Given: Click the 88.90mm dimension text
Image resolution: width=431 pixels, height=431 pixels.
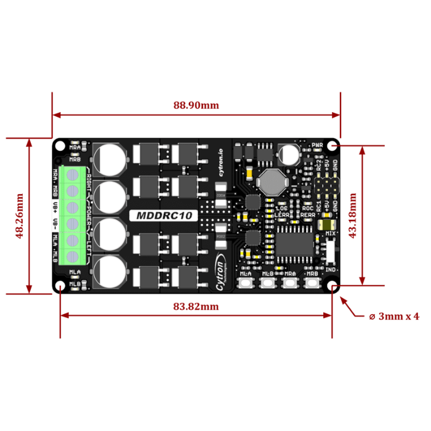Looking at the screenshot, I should coord(196,105).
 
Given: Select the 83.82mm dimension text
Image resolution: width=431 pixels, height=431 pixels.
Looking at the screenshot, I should coord(196,305).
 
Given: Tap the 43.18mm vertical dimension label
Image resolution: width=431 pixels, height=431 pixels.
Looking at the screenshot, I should coord(353,216).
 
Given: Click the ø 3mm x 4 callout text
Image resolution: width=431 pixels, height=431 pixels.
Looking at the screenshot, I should coord(393,316).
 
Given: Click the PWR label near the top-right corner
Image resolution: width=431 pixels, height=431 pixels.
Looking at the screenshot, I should coord(317,146).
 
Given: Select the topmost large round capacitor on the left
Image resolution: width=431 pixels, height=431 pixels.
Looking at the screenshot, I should coord(111,158).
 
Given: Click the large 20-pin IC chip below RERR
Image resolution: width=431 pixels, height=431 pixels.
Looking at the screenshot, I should coord(294,240).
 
